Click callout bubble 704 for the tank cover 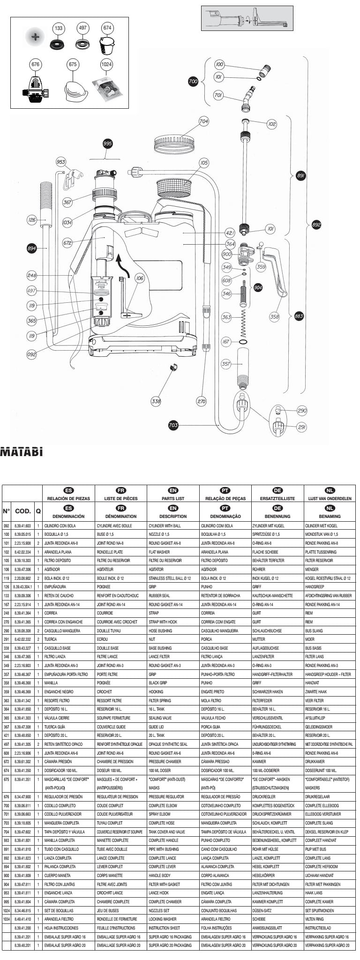tap(203, 121)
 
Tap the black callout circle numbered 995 tap(107, 143)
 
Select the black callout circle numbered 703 tap(173, 425)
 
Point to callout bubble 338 tap(156, 401)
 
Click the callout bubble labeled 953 tap(61, 162)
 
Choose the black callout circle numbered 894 tap(31, 248)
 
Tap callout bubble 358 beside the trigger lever tap(274, 317)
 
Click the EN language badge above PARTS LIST tap(173, 490)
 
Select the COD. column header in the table tap(22, 511)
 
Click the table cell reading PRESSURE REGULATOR tap(166, 796)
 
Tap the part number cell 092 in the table tap(7, 525)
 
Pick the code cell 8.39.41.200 tap(22, 928)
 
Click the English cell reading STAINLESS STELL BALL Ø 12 tap(170, 578)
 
